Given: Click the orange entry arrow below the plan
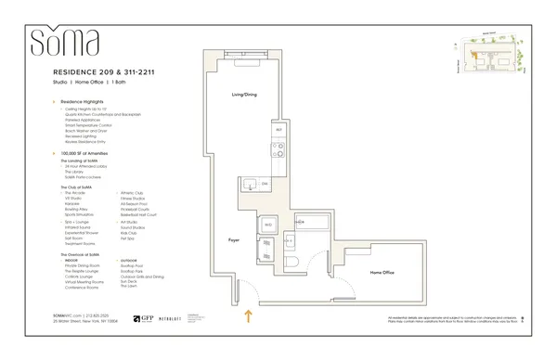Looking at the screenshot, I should [247, 317].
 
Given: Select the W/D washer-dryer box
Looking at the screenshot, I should [267, 224].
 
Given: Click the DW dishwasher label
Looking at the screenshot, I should [264, 185].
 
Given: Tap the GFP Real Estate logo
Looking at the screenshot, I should [146, 316].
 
